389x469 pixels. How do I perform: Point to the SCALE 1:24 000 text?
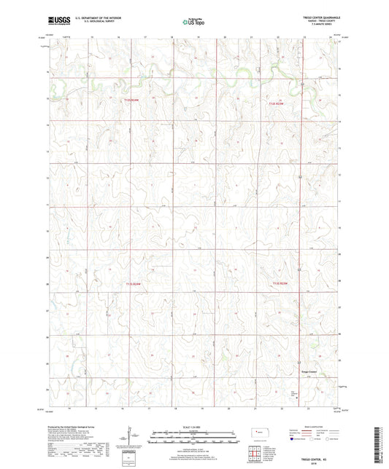coord(193,425)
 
